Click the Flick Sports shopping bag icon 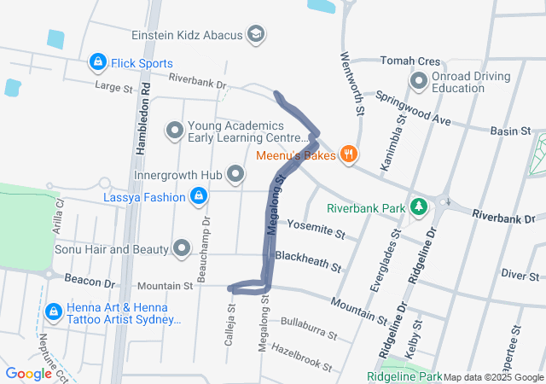point(99,63)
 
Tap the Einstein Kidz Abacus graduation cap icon point(254,35)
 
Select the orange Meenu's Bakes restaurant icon point(348,154)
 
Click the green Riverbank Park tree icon point(418,207)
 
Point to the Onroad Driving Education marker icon point(418,82)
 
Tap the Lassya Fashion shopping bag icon point(198,197)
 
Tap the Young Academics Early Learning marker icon point(175,131)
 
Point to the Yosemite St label point(316,228)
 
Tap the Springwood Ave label point(413,108)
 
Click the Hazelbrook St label point(301,356)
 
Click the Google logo point(28,373)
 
